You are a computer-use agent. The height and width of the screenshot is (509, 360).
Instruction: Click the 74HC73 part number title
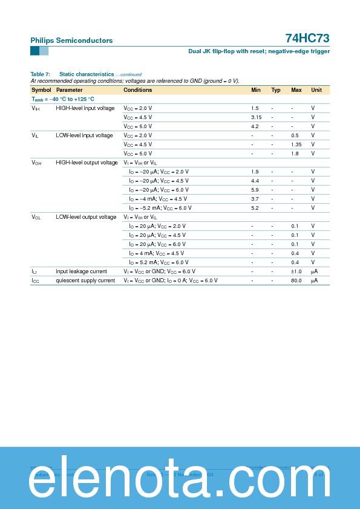click(307, 38)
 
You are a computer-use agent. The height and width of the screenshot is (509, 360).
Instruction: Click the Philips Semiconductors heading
click(71, 41)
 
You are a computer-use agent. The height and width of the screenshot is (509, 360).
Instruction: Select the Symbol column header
click(41, 90)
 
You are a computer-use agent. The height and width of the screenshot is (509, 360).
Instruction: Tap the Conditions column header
click(138, 90)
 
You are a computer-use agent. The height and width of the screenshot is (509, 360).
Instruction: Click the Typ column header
click(276, 90)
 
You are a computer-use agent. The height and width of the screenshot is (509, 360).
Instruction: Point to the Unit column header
click(316, 90)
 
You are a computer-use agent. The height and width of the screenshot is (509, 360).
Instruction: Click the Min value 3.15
click(256, 117)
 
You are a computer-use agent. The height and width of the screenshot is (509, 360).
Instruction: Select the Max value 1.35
click(296, 144)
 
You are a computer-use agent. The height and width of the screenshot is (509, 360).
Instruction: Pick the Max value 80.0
click(296, 280)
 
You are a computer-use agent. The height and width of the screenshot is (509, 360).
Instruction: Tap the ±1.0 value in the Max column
click(296, 271)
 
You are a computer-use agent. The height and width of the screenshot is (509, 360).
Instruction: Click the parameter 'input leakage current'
click(81, 271)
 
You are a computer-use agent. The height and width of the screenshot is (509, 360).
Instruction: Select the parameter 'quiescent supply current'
click(85, 280)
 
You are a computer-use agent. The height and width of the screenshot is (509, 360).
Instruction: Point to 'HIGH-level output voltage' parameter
click(87, 163)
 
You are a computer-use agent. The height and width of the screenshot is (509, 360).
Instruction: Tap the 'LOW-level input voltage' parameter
click(84, 135)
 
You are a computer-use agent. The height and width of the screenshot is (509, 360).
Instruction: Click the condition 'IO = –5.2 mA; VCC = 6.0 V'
click(160, 208)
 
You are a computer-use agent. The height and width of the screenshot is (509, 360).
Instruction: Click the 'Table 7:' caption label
click(40, 74)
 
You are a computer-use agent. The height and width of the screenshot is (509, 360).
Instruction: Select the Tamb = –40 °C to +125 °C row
click(63, 99)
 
